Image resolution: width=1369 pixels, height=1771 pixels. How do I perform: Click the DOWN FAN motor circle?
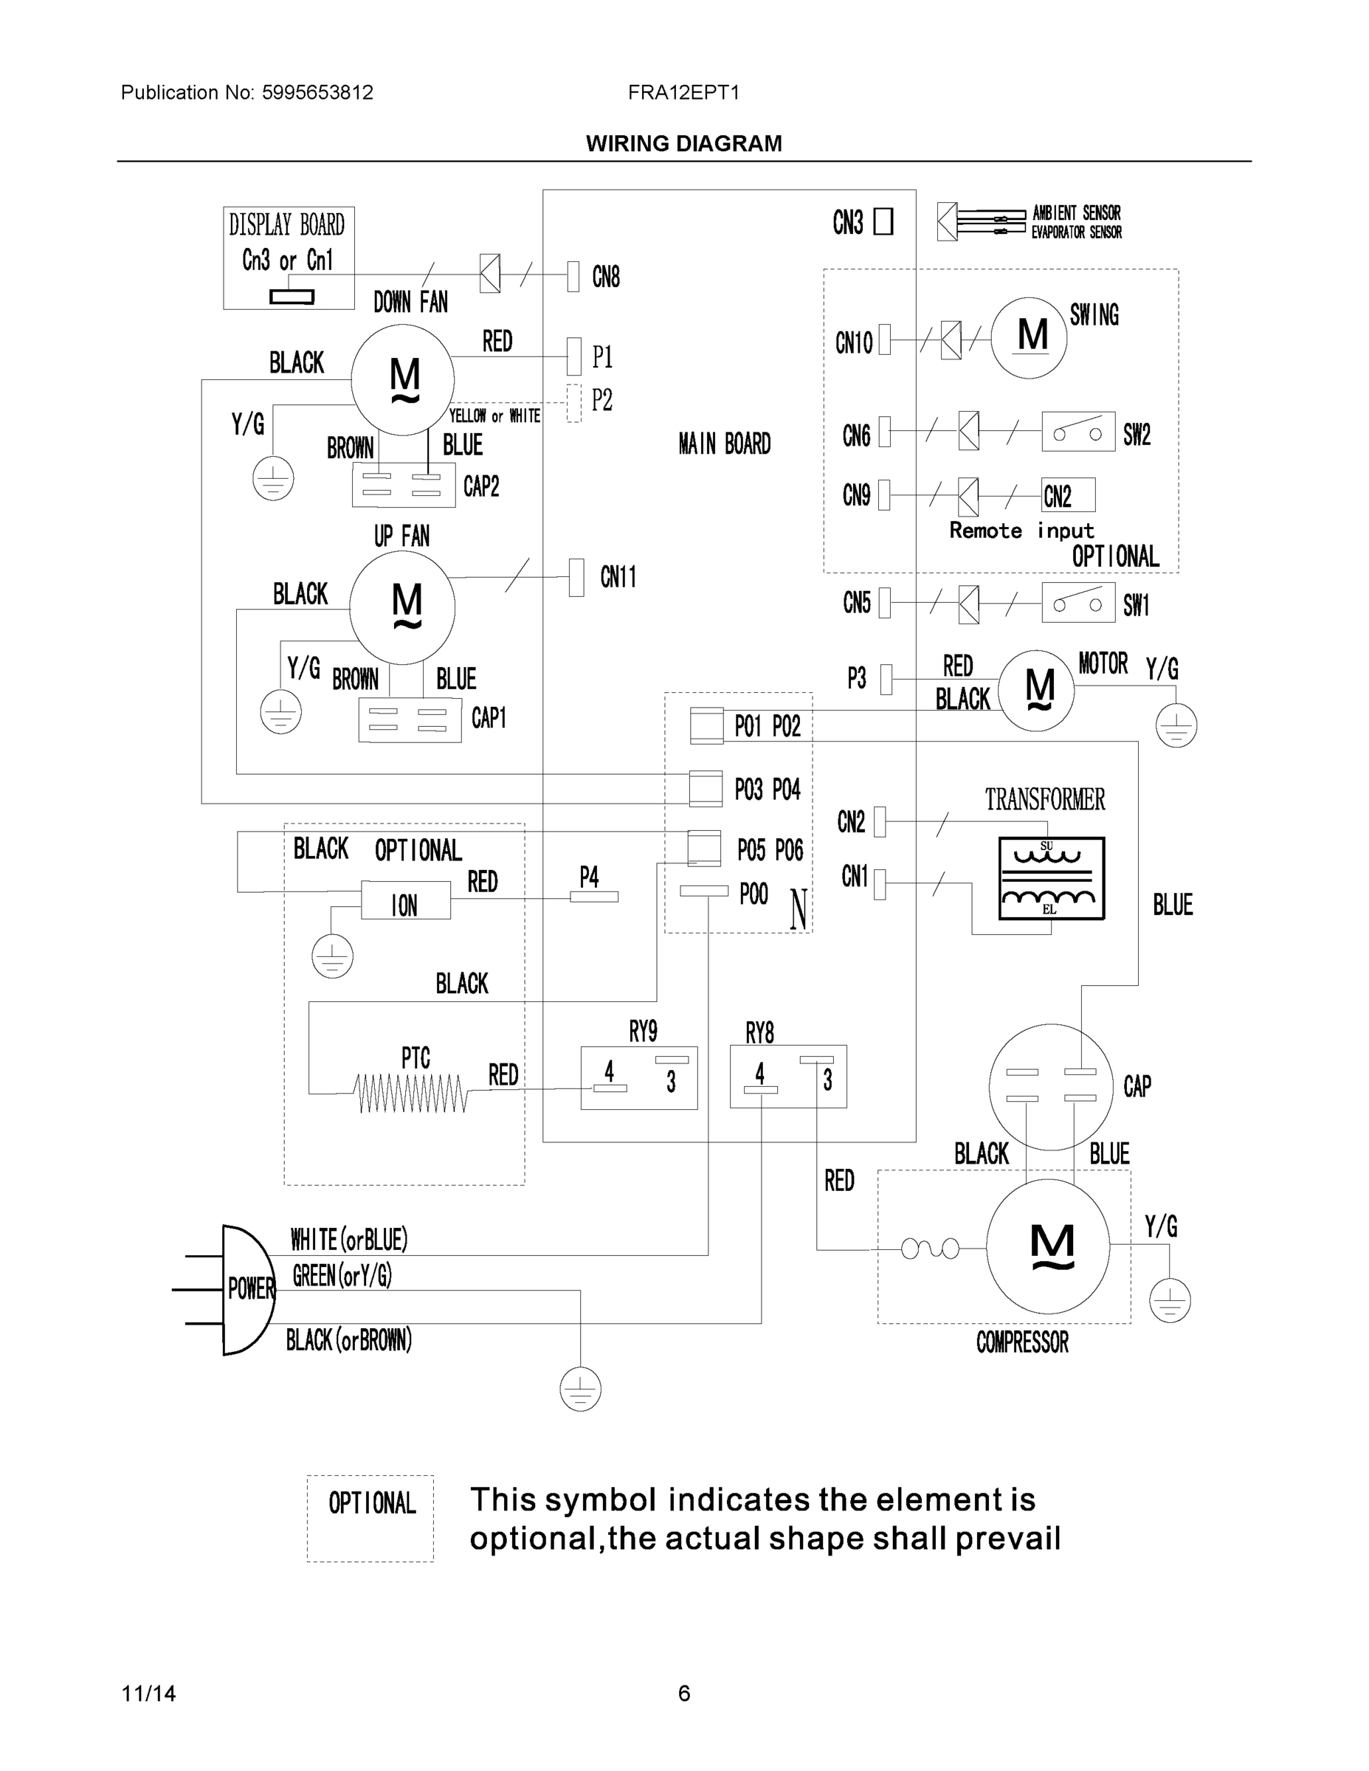(402, 379)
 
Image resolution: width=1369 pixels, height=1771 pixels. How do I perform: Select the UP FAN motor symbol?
(402, 607)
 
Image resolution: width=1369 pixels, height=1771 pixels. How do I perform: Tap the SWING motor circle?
(1028, 337)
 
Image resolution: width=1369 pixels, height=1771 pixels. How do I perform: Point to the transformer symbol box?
(1051, 878)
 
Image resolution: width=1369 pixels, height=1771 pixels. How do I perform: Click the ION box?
(405, 902)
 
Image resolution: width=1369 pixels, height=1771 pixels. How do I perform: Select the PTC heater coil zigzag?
(411, 1093)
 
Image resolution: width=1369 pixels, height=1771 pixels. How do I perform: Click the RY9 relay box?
(639, 1077)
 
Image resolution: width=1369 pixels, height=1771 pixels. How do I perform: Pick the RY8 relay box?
(788, 1077)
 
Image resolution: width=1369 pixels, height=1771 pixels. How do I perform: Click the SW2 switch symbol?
(1077, 432)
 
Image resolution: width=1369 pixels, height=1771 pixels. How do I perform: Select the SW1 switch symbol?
(1077, 602)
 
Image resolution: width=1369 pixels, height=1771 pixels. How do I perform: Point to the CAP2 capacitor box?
(403, 484)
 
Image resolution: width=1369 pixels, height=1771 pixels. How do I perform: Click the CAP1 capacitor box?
(410, 719)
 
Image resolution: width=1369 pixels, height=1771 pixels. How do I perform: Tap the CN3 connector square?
(883, 221)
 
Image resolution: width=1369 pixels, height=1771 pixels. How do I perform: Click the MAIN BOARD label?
(724, 443)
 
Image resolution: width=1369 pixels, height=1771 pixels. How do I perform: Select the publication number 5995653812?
(317, 92)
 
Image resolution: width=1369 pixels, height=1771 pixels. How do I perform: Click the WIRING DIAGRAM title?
(683, 144)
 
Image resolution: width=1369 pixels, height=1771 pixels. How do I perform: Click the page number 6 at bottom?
(683, 1694)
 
